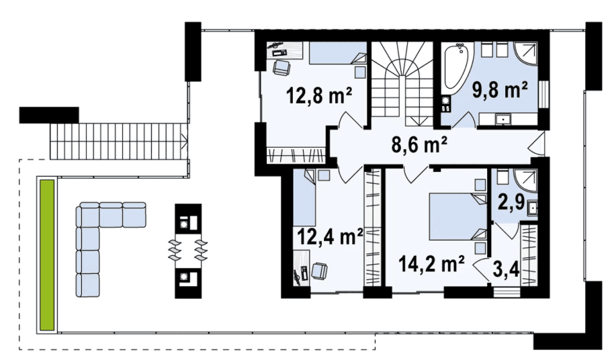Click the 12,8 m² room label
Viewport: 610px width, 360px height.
click(319, 95)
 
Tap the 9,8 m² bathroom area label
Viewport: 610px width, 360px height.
click(500, 89)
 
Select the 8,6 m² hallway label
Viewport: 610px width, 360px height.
click(419, 145)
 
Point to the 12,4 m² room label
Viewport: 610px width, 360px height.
click(330, 236)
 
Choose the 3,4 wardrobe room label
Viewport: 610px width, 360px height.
click(506, 269)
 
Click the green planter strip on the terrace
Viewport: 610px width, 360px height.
click(47, 255)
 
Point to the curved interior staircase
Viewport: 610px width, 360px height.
click(402, 84)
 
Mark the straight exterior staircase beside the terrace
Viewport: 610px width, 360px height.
click(119, 141)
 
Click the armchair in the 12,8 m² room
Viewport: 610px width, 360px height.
click(281, 67)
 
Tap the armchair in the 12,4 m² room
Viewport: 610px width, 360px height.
click(319, 270)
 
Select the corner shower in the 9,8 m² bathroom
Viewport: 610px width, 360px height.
click(526, 56)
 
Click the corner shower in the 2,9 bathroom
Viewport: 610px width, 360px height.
click(526, 181)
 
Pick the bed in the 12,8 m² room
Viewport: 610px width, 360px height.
click(338, 53)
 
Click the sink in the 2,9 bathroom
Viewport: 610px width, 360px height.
click(533, 208)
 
